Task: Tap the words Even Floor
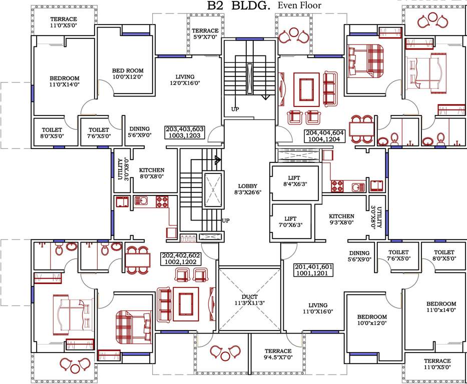coord(300,5)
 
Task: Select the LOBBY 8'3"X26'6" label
coord(247,188)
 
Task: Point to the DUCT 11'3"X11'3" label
coord(249,299)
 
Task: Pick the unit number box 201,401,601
coord(314,270)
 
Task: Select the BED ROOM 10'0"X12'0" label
coord(128,74)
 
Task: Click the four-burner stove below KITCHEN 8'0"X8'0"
coord(162,201)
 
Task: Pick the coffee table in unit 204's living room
coord(303,90)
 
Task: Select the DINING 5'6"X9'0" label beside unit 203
coord(139,132)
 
